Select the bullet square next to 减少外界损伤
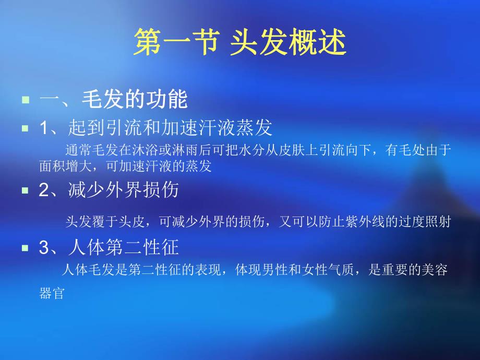point(25,190)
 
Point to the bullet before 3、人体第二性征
point(25,247)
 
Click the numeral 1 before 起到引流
point(44,127)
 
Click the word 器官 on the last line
point(52,293)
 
